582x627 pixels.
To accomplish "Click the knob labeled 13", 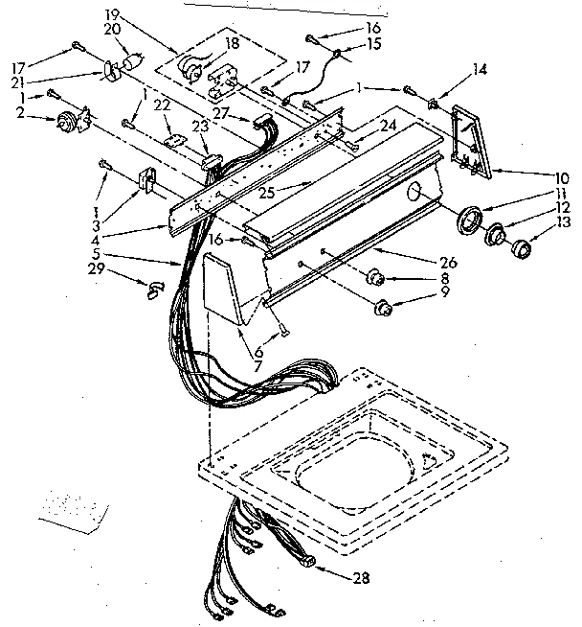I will [521, 251].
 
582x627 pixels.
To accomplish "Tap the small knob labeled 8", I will [375, 279].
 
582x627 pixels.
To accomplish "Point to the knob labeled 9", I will [383, 308].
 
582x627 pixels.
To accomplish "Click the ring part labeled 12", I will [496, 237].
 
